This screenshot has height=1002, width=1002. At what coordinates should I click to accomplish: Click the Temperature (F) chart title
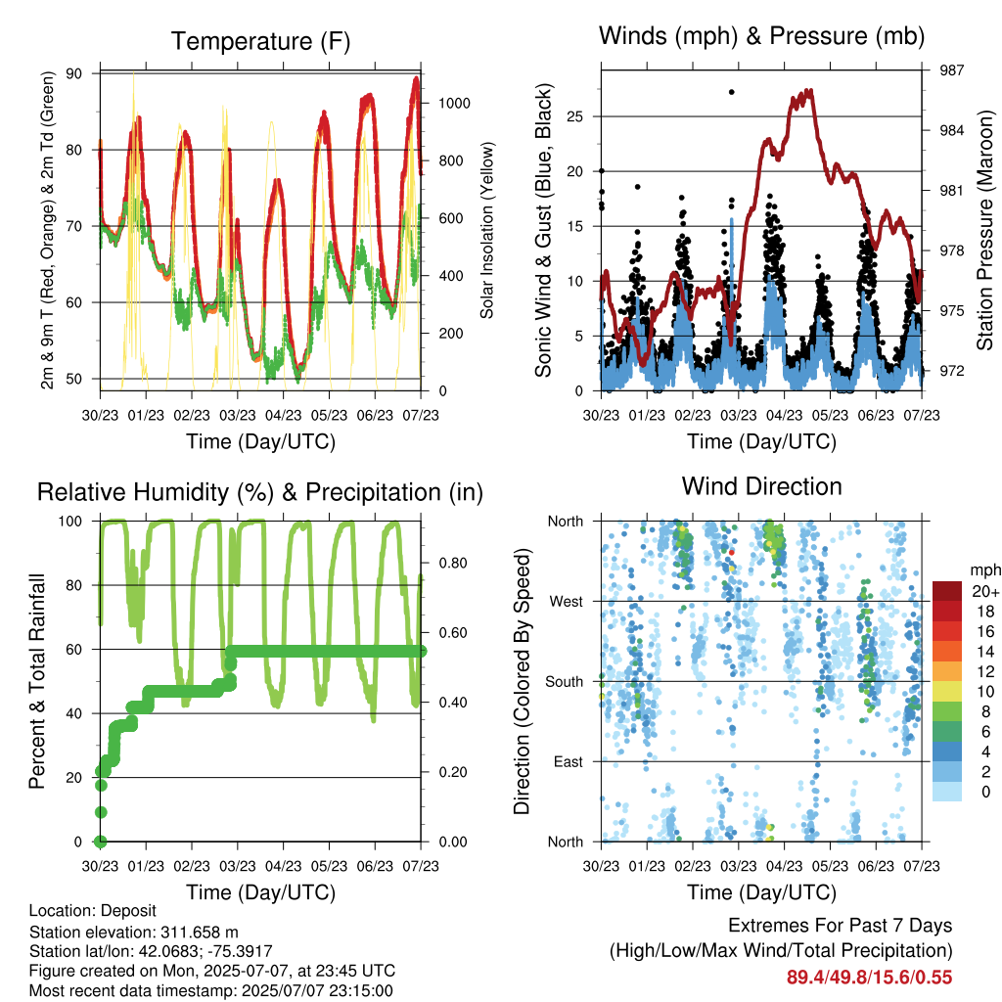(260, 41)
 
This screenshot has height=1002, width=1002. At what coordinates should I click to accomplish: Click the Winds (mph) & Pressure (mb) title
(761, 36)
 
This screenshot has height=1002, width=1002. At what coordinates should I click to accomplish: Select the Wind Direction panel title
(761, 486)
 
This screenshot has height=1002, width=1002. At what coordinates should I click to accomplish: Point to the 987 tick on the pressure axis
(951, 70)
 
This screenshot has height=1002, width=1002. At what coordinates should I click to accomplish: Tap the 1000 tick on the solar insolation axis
(454, 104)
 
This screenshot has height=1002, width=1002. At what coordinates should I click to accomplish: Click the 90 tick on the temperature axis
(74, 73)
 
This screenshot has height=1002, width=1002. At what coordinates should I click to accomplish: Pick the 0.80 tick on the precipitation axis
(453, 563)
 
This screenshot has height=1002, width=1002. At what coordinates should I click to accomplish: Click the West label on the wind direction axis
(567, 602)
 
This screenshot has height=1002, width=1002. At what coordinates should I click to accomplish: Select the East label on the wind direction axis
(569, 761)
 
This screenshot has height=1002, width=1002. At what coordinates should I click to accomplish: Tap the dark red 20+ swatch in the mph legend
(947, 591)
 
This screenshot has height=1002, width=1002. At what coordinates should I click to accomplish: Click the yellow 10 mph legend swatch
(947, 692)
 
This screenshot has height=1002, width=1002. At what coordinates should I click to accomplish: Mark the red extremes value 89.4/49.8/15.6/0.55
(869, 978)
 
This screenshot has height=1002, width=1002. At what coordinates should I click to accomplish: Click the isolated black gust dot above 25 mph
(732, 92)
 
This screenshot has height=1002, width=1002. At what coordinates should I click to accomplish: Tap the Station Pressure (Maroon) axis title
(984, 230)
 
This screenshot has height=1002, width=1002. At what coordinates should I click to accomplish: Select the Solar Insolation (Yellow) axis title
(487, 230)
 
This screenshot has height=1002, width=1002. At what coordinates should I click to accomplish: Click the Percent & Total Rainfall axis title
(37, 681)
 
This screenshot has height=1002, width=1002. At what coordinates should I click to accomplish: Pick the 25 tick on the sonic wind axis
(574, 116)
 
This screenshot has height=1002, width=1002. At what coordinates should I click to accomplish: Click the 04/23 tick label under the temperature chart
(283, 415)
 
